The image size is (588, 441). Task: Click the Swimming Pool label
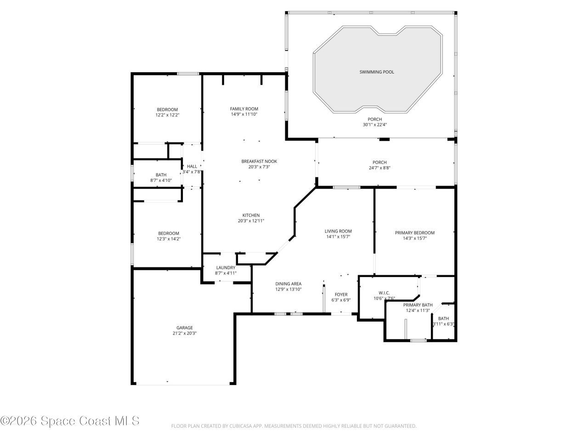click(x=377, y=72)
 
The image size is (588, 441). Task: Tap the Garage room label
click(x=185, y=328)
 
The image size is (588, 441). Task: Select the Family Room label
click(x=244, y=109)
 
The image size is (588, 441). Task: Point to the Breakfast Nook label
click(x=259, y=161)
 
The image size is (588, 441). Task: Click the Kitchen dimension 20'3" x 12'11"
click(x=251, y=221)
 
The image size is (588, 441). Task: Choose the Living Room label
click(x=338, y=232)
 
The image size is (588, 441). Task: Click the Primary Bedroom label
click(x=414, y=233)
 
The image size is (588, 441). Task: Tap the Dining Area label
click(x=288, y=284)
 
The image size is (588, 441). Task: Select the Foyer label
click(x=341, y=294)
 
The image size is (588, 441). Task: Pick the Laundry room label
click(x=226, y=268)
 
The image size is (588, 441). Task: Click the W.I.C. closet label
click(x=384, y=293)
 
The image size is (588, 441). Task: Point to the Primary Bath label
click(x=418, y=305)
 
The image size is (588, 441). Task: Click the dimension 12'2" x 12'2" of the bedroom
click(x=167, y=115)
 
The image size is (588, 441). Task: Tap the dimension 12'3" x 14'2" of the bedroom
click(x=169, y=239)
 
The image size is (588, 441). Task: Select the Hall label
click(x=192, y=166)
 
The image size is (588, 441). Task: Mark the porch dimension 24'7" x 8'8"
click(x=379, y=168)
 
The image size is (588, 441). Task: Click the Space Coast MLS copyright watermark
click(x=70, y=420)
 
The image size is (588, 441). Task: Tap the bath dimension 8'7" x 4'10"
click(x=161, y=181)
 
